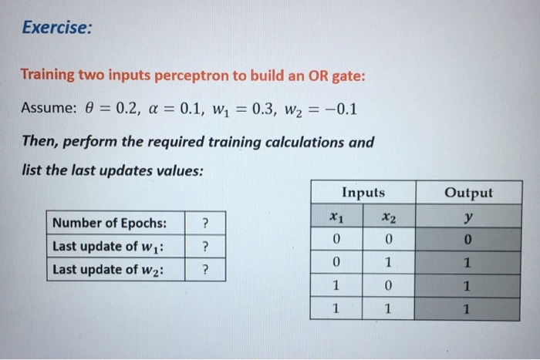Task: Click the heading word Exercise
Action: pyautogui.click(x=56, y=29)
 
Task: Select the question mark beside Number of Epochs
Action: pyautogui.click(x=205, y=224)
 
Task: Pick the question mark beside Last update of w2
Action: pyautogui.click(x=205, y=270)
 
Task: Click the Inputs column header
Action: pyautogui.click(x=363, y=193)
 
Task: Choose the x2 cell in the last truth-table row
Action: pyautogui.click(x=390, y=310)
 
